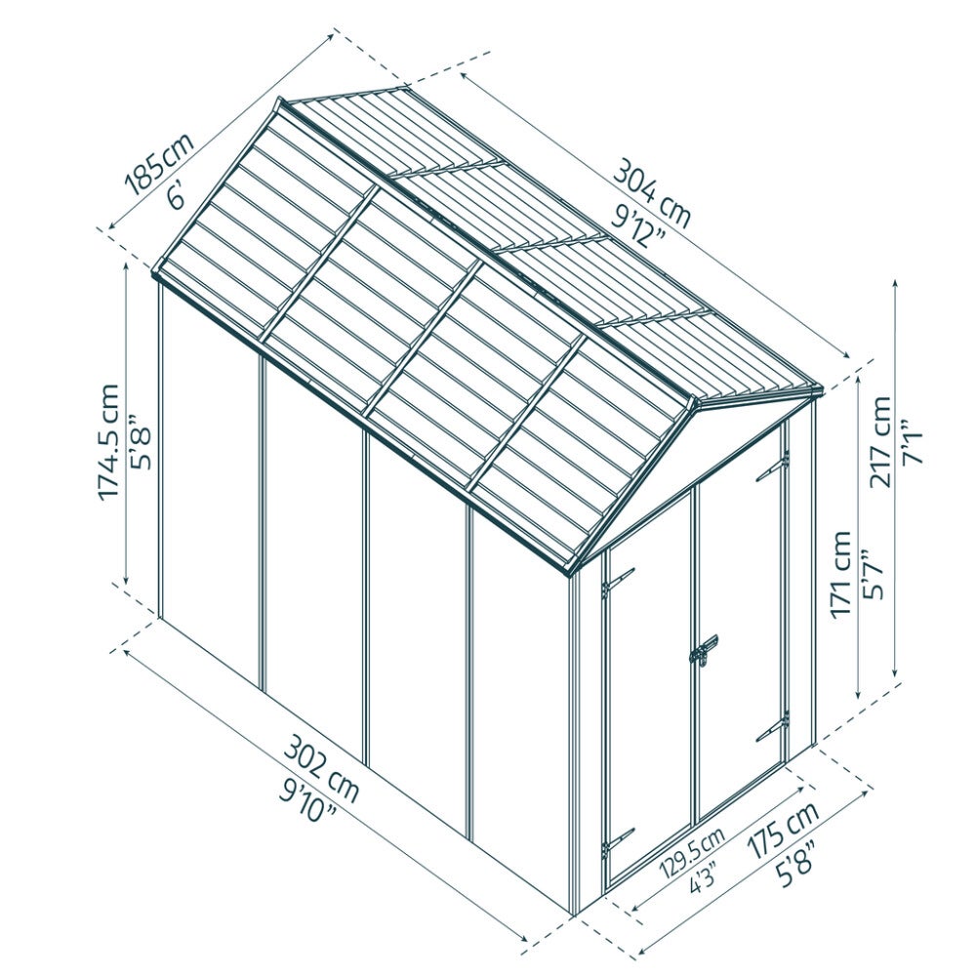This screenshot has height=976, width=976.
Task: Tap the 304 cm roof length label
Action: [x=652, y=194]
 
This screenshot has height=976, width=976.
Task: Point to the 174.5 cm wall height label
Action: [x=108, y=441]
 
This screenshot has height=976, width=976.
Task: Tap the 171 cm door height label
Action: [x=840, y=573]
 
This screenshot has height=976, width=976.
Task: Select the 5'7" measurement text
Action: [x=871, y=574]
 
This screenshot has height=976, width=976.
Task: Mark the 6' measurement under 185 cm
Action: [x=177, y=197]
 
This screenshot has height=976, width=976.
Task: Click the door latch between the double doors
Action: [x=704, y=651]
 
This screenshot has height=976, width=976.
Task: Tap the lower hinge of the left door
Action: [x=617, y=841]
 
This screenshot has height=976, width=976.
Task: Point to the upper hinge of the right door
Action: [x=772, y=466]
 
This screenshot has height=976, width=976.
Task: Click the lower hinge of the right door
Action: [x=772, y=727]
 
